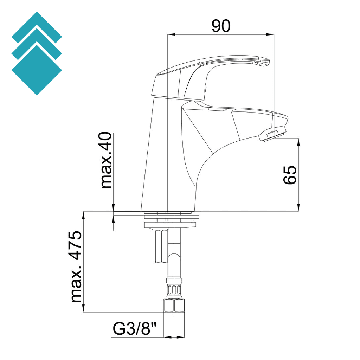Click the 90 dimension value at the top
pyautogui.click(x=221, y=26)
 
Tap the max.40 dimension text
pyautogui.click(x=106, y=160)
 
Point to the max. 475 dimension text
pyautogui.click(x=76, y=267)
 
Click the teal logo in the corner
pyautogui.click(x=37, y=53)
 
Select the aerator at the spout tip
pyautogui.click(x=273, y=135)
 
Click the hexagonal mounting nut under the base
pyautogui.click(x=161, y=246)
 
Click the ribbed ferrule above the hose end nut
pyautogui.click(x=174, y=289)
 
